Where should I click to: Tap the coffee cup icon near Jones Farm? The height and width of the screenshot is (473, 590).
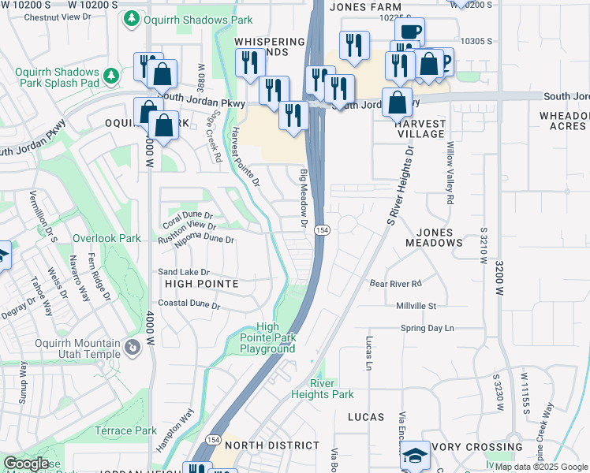click(409, 32)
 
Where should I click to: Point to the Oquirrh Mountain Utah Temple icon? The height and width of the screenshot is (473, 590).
click(133, 345)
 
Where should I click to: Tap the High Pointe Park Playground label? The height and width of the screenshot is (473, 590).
click(267, 337)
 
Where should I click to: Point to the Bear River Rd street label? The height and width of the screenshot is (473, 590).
click(396, 283)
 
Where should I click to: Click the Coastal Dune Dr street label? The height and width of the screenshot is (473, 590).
click(188, 304)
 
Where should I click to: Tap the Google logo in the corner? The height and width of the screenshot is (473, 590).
click(26, 464)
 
